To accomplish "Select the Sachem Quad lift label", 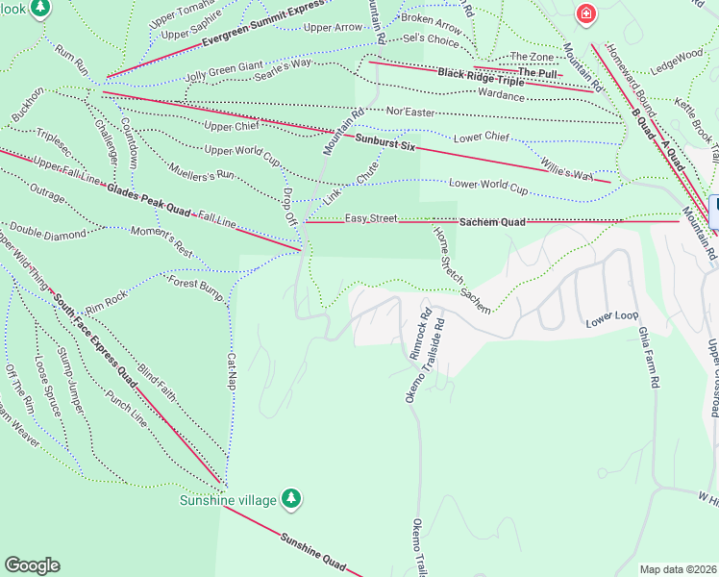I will pyautogui.click(x=491, y=221).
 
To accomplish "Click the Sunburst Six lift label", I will pyautogui.click(x=384, y=141).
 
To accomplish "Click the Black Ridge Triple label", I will pyautogui.click(x=481, y=77).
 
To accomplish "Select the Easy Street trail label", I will pyautogui.click(x=371, y=218).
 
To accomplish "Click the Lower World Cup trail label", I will pyautogui.click(x=489, y=185).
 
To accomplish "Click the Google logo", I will pyautogui.click(x=32, y=565).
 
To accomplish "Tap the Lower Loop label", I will pyautogui.click(x=612, y=317).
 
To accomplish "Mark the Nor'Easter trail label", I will pyautogui.click(x=410, y=113).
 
